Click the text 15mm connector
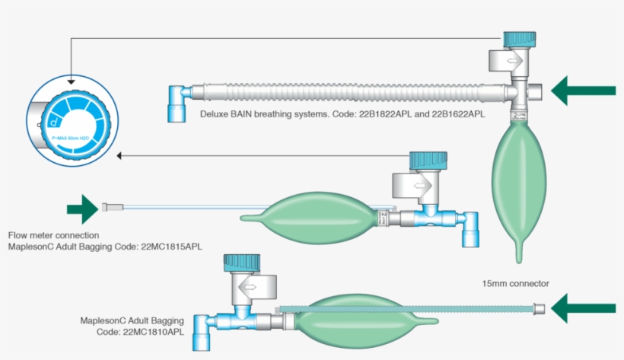pos(515,283)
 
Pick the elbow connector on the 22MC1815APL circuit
pos(470,228)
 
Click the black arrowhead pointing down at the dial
pos(70,79)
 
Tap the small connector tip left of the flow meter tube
pos(108,206)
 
